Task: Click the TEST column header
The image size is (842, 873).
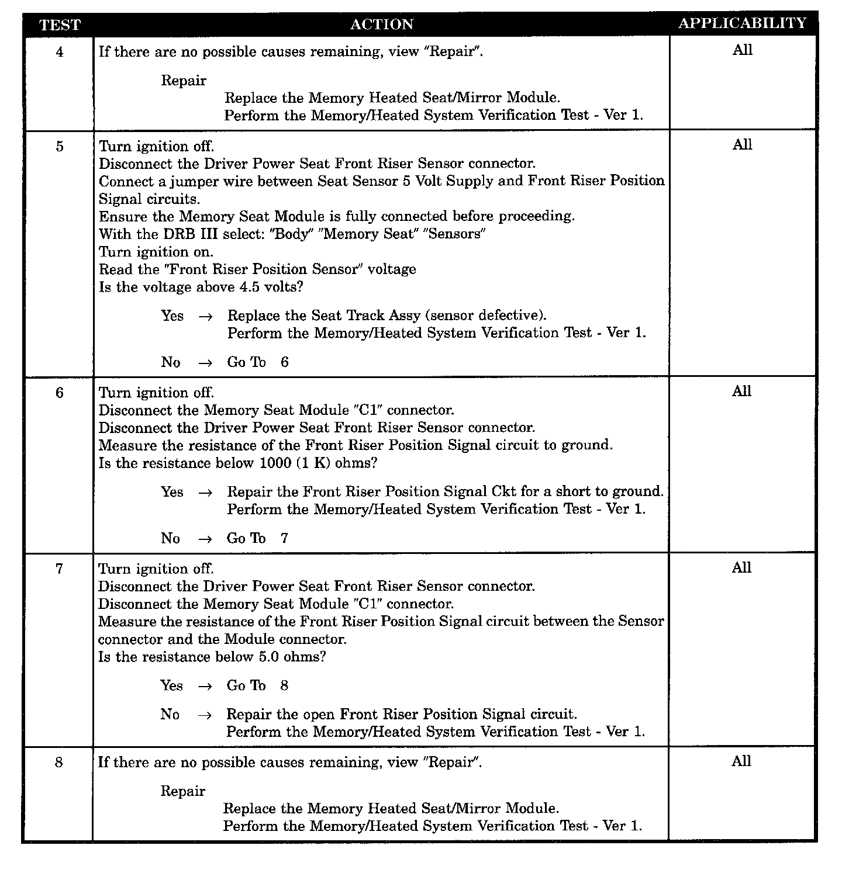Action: (x=59, y=25)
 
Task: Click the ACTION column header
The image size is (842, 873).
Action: (x=381, y=25)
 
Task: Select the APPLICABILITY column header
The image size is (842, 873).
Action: (x=742, y=23)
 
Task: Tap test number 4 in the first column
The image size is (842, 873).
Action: (x=59, y=52)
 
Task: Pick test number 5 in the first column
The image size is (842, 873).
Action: (x=59, y=146)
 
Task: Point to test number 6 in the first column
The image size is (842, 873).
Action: (x=59, y=393)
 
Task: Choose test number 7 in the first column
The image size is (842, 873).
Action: (x=59, y=569)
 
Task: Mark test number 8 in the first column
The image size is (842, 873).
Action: (x=59, y=763)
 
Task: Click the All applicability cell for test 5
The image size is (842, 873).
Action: (x=742, y=145)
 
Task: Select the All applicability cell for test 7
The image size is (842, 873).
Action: (x=741, y=568)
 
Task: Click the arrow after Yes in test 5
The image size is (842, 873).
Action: (x=205, y=317)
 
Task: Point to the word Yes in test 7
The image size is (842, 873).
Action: (x=171, y=685)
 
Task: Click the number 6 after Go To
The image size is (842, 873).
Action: (x=285, y=362)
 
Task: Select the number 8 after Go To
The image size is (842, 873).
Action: (x=284, y=685)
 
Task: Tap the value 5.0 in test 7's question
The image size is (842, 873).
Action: (x=269, y=657)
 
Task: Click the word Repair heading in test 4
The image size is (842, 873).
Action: (x=184, y=81)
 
